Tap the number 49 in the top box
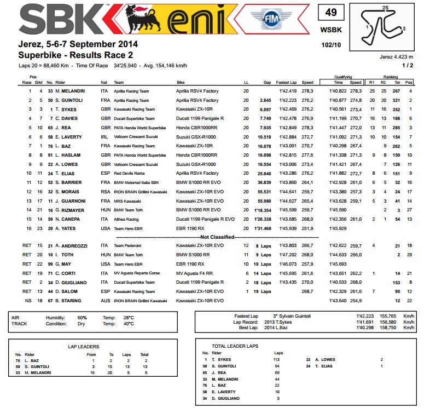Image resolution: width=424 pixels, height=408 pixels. pos(331,13)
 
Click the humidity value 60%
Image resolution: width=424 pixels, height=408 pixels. pos(82,318)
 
